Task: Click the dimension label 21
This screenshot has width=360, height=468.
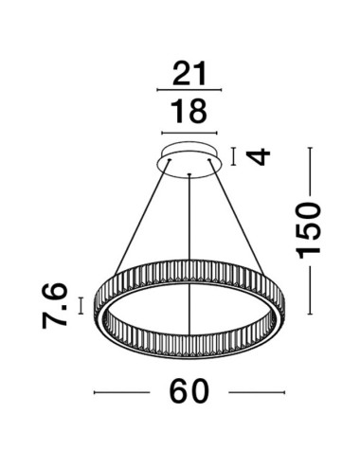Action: (x=187, y=74)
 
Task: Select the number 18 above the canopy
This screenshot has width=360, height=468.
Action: (x=189, y=111)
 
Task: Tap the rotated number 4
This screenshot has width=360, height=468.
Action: (x=253, y=155)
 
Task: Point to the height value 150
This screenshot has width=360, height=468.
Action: (x=309, y=232)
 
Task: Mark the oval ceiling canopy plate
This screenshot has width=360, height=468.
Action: (x=190, y=160)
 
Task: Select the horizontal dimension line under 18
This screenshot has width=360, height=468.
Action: (x=189, y=131)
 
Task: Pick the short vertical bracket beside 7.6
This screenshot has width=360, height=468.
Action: (x=81, y=305)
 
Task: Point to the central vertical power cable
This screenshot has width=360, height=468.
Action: (x=190, y=246)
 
